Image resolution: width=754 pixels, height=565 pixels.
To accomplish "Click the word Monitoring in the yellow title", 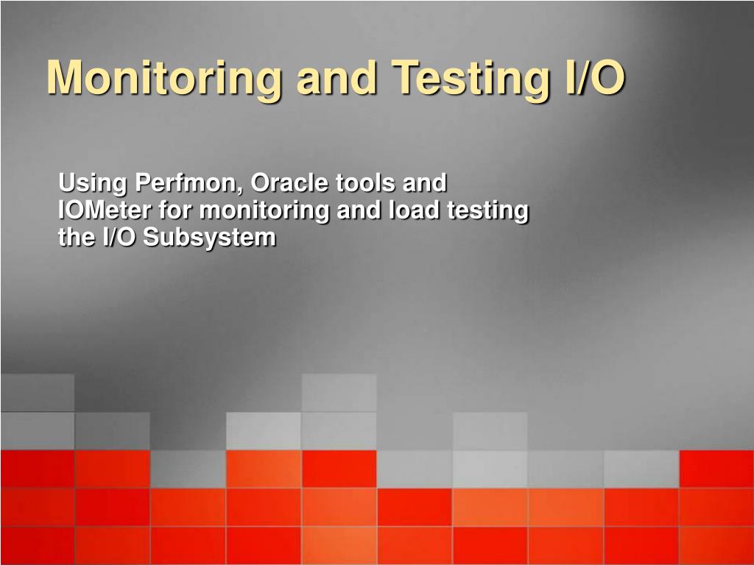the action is pyautogui.click(x=163, y=78).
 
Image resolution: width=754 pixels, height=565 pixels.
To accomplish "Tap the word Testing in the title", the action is pyautogui.click(x=471, y=78).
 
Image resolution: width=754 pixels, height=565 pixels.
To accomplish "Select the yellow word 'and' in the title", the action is pyautogui.click(x=336, y=77).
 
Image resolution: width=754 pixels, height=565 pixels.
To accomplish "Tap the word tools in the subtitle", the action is pyautogui.click(x=365, y=182).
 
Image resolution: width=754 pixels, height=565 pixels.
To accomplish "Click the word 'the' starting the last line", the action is pyautogui.click(x=77, y=238).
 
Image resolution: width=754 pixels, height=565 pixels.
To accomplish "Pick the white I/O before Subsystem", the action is pyautogui.click(x=119, y=238).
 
